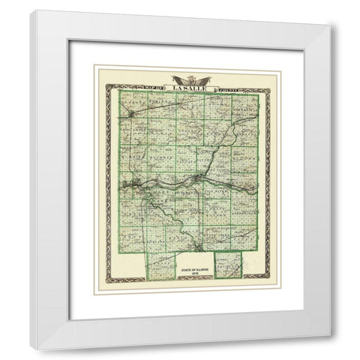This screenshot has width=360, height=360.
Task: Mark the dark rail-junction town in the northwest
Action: click(131, 114)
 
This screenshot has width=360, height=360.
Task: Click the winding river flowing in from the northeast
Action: click(225, 142)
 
